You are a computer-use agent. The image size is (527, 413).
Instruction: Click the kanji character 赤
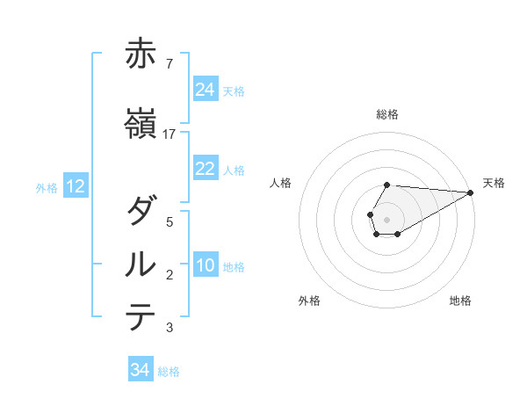coord(141,54)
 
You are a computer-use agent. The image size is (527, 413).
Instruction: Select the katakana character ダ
coord(141,212)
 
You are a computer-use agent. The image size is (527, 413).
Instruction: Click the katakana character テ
coord(141,316)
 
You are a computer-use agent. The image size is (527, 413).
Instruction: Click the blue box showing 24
coord(206,90)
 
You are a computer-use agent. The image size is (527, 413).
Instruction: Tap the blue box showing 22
coord(206,169)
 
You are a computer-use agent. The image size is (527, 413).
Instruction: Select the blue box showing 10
coord(206,266)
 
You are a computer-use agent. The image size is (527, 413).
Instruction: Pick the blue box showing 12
coord(75,186)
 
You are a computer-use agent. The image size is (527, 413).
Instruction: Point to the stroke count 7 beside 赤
coord(169,63)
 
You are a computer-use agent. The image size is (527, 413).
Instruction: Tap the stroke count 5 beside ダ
coord(169,222)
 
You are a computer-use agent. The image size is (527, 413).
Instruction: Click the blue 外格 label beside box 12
coord(47,187)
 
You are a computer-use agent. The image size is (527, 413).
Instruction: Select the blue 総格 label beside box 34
coord(169,372)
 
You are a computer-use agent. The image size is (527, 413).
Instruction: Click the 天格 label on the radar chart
coord(494,183)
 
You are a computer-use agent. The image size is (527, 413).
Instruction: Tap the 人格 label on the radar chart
coord(281,183)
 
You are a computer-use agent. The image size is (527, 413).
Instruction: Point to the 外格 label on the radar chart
coord(309,301)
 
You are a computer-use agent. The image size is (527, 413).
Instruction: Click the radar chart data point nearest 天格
coord(471,192)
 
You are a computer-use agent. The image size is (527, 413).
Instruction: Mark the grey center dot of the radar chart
coord(386,219)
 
